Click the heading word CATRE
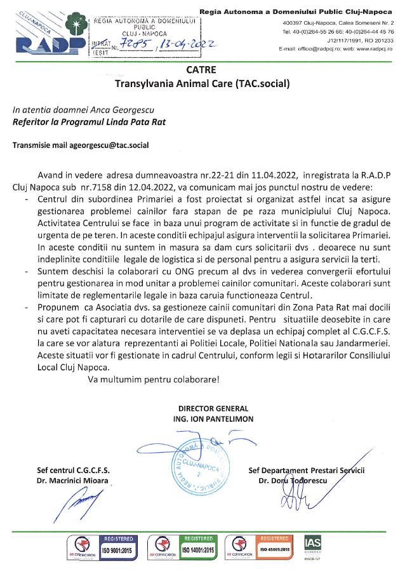coord(202,70)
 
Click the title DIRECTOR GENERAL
coord(213,409)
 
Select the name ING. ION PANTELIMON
coord(213,419)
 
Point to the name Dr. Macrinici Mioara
coord(73,481)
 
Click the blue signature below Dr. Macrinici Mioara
coord(76,507)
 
